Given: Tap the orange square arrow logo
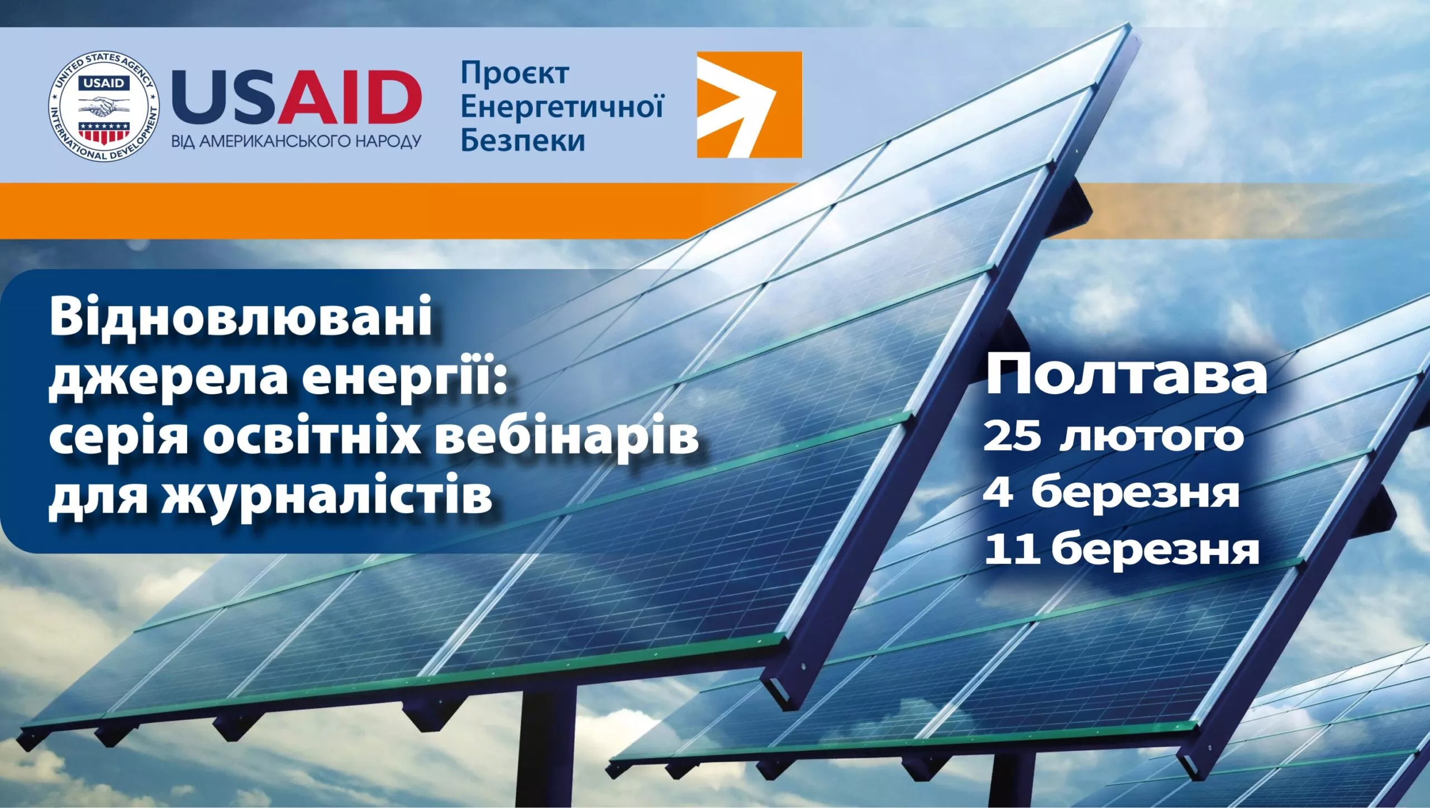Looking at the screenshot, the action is [749, 104].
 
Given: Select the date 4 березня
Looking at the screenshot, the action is [1112, 493].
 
